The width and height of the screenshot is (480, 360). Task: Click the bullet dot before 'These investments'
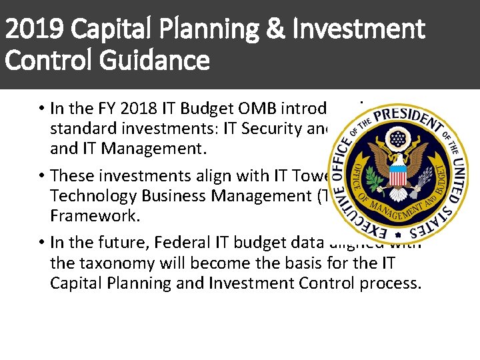click(x=41, y=175)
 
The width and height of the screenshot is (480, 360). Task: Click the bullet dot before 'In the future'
click(x=41, y=242)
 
